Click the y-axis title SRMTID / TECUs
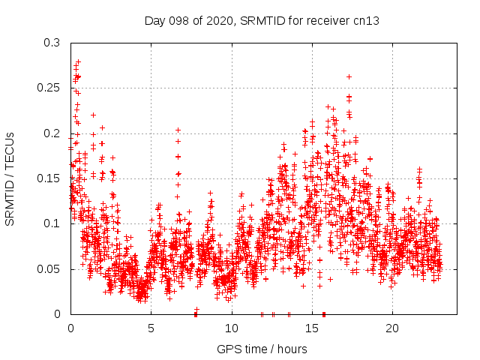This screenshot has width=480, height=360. (x=10, y=178)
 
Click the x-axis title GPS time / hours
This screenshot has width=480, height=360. (x=262, y=349)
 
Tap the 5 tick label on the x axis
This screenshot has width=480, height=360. (x=151, y=328)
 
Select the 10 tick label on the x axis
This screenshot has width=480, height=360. (x=232, y=328)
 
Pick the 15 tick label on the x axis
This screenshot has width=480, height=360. (x=312, y=328)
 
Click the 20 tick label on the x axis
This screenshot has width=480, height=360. (x=392, y=328)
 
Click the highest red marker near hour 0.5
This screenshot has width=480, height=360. (x=78, y=61)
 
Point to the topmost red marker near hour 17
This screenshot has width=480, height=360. (x=349, y=76)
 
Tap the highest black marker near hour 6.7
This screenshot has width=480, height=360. (x=178, y=130)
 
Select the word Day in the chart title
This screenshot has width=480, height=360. (x=154, y=21)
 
